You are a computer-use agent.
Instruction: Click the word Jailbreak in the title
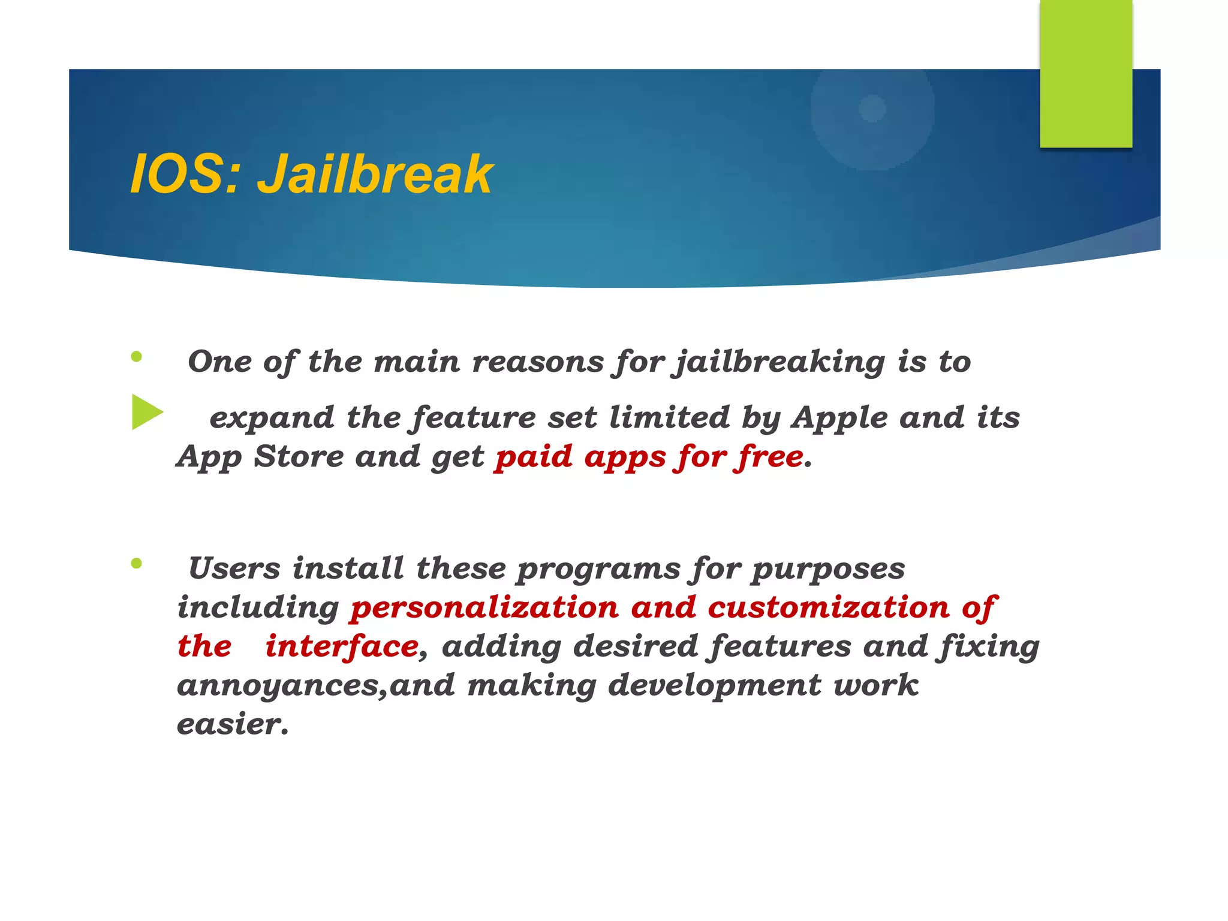[x=375, y=174]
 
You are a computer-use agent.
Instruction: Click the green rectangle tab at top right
[x=1086, y=73]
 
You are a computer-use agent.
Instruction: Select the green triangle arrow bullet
[x=147, y=412]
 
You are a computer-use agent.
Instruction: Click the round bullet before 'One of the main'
[x=137, y=357]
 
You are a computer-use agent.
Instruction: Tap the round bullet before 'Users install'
[x=137, y=564]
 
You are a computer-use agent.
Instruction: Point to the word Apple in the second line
[x=839, y=418]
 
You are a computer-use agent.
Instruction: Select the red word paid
[x=533, y=458]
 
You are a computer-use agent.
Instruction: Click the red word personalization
[x=484, y=608]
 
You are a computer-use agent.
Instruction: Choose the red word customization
[x=829, y=608]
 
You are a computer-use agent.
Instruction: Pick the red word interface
[x=342, y=646]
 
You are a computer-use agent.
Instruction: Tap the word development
[x=714, y=685]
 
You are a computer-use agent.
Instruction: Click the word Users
[x=234, y=568]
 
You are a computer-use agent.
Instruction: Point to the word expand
[x=272, y=418]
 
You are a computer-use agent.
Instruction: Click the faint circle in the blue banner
[x=872, y=109]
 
